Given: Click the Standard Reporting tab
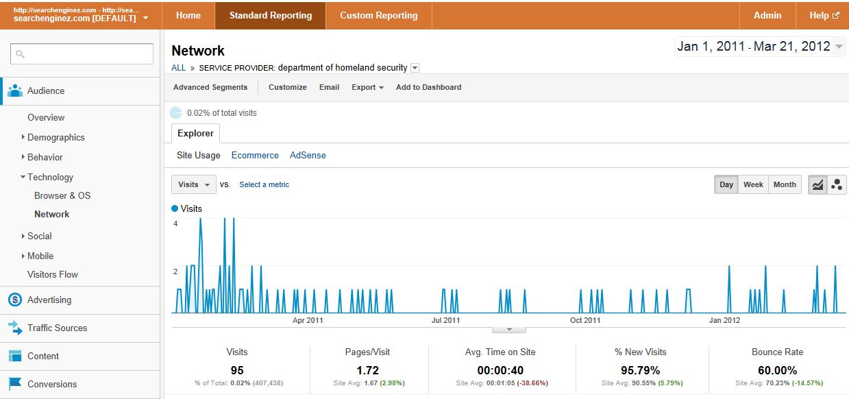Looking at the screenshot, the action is tap(270, 16).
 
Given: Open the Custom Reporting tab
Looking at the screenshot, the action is tap(379, 16).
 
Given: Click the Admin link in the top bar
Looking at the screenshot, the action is tap(767, 16).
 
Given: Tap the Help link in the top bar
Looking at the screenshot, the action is tap(823, 16).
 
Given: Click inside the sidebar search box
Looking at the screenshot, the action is tap(82, 54).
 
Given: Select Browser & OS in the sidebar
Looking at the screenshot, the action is tap(62, 195).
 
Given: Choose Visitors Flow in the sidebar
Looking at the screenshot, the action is tap(53, 275).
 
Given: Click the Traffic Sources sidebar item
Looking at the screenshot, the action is tap(58, 328).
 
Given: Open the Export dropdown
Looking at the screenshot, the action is tap(367, 87).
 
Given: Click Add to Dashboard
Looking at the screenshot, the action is tap(429, 87).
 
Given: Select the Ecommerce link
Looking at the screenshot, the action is tap(255, 155).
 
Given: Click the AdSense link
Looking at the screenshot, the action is tap(308, 155).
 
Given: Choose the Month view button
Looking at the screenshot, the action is tap(785, 184).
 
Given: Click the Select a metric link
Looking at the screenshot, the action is tap(264, 184).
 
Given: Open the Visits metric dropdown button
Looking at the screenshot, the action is tap(194, 184).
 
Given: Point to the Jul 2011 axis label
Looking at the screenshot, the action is tap(445, 320).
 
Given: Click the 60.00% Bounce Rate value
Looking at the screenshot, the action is tap(777, 370).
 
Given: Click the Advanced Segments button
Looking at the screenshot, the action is tap(210, 87).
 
